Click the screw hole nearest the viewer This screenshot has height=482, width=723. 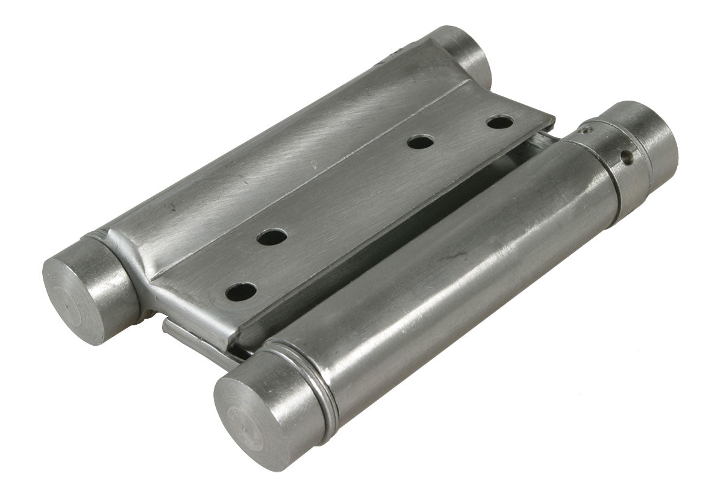click(x=240, y=292)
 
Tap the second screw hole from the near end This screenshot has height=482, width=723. click(x=271, y=237)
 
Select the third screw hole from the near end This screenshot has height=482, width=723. click(x=420, y=142)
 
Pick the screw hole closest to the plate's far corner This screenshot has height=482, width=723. click(x=499, y=122)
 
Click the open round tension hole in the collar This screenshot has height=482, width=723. click(x=627, y=158)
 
